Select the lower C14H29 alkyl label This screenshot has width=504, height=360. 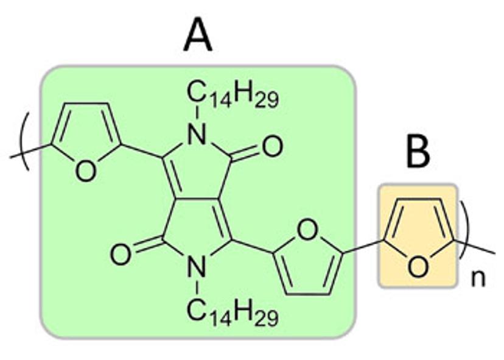[232, 315]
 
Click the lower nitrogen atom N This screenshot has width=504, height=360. [196, 266]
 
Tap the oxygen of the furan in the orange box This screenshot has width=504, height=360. [416, 266]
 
